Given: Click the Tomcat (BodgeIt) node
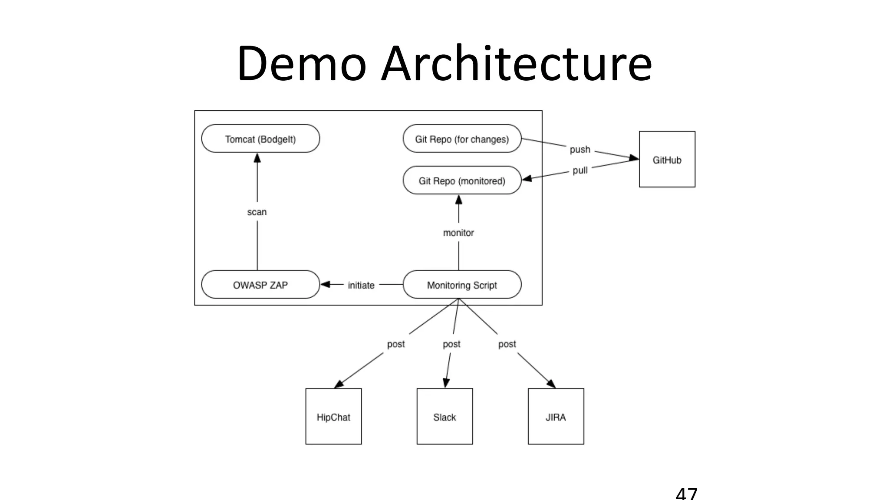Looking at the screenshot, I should pyautogui.click(x=260, y=139).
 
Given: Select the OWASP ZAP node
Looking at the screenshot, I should pyautogui.click(x=260, y=285).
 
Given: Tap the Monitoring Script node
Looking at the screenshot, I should pyautogui.click(x=462, y=285).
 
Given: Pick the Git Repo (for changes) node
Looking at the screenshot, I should pyautogui.click(x=462, y=139).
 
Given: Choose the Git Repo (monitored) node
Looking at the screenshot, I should pyautogui.click(x=462, y=181).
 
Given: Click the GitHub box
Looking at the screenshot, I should pyautogui.click(x=667, y=160).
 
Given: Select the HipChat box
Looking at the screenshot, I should pyautogui.click(x=333, y=417).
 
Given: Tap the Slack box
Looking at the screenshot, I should pyautogui.click(x=444, y=417).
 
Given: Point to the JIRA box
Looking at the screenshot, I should pyautogui.click(x=556, y=417).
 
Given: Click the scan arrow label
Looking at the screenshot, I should pyautogui.click(x=257, y=212).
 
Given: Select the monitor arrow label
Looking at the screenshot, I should pyautogui.click(x=458, y=233).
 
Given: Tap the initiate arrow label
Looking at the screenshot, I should pyautogui.click(x=361, y=285).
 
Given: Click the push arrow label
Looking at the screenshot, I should pyautogui.click(x=580, y=149).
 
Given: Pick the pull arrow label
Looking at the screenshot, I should pyautogui.click(x=580, y=170).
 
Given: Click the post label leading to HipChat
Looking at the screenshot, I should pyautogui.click(x=396, y=344).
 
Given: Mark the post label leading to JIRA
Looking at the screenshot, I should pyautogui.click(x=507, y=344).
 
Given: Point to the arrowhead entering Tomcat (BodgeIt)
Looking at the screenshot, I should pyautogui.click(x=257, y=158).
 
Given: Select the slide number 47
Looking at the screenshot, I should pyautogui.click(x=686, y=494).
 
